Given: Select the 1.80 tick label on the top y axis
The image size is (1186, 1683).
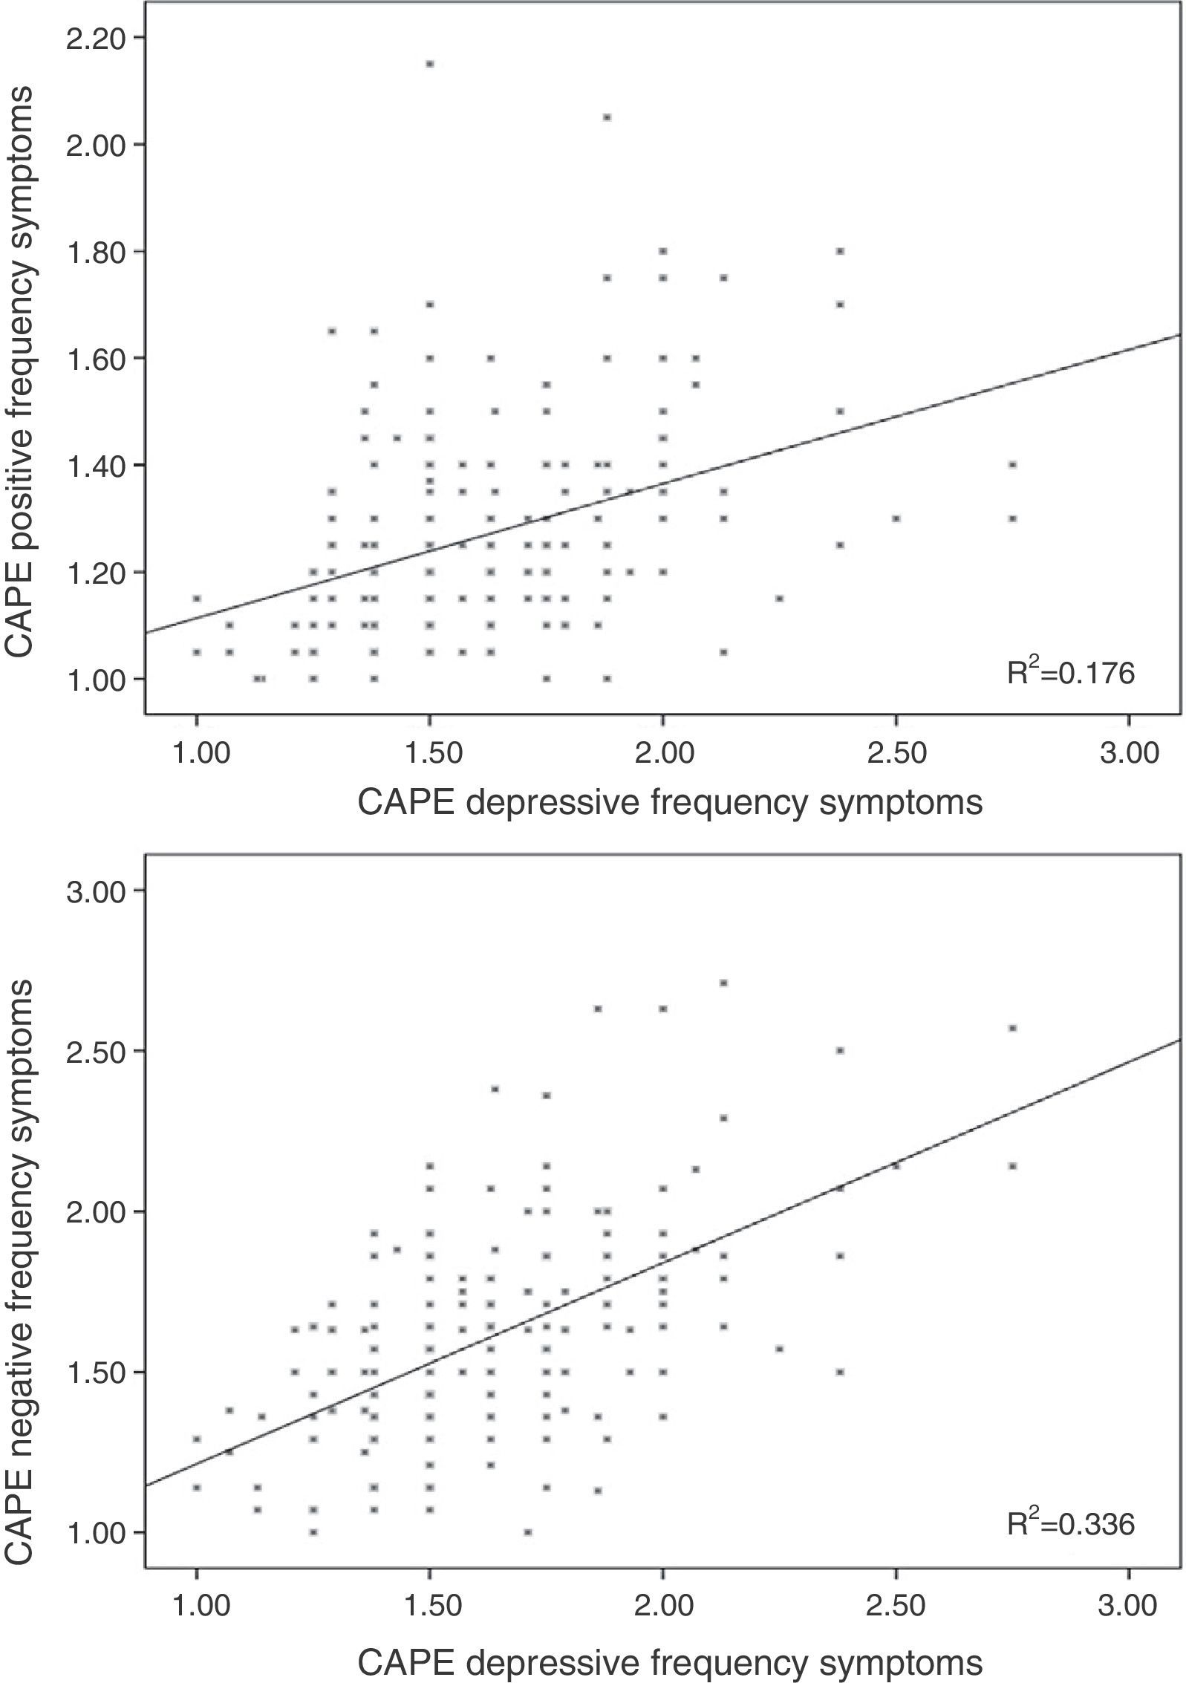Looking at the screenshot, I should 94,251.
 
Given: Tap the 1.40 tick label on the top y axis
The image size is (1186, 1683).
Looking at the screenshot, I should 94,465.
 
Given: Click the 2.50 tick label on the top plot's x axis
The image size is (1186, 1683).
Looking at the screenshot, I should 896,753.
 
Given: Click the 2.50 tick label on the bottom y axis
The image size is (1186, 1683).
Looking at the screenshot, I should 94,1050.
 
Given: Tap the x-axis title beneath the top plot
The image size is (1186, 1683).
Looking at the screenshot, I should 670,804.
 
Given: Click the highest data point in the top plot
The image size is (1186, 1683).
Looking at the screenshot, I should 429,64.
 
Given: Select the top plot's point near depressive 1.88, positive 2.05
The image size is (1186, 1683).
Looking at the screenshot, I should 607,117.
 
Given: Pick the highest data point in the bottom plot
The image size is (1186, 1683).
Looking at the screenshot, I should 724,983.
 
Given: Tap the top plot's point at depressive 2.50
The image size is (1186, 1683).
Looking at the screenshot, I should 896,518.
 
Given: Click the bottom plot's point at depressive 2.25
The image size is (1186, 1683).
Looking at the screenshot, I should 780,1349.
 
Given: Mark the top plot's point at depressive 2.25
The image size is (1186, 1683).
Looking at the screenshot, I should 780,598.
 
